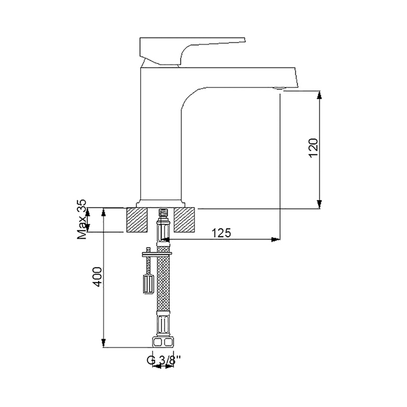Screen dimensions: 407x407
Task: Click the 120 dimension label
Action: tap(314, 148)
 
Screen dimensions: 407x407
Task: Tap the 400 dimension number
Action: tap(98, 277)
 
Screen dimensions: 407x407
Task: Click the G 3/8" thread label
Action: tap(164, 361)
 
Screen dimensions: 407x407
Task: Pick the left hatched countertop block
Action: tap(137, 220)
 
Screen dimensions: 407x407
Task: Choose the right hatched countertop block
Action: tap(184, 220)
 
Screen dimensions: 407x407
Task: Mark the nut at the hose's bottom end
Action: tap(164, 342)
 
